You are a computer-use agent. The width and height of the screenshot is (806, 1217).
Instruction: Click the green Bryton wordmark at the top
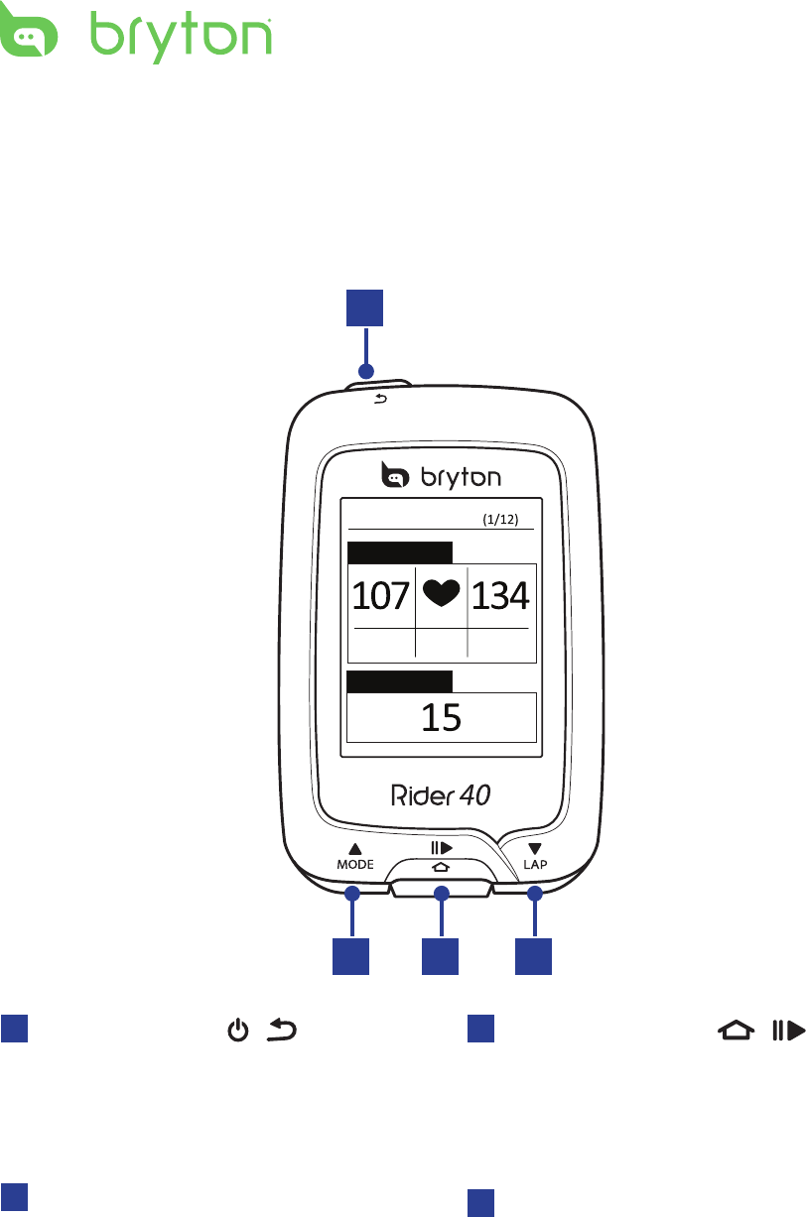point(182,37)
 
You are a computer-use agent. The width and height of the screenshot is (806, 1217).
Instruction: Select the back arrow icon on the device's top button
point(382,400)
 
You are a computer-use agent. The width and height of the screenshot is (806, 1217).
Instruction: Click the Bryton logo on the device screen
point(441,477)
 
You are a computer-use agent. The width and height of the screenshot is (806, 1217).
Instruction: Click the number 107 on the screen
point(381,596)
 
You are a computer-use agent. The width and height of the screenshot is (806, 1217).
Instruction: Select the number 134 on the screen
point(501,596)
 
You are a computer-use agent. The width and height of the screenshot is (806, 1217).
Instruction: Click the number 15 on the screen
point(441,717)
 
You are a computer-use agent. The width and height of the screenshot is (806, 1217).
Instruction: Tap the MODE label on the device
point(354,864)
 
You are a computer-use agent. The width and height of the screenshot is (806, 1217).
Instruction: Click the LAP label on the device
point(535,864)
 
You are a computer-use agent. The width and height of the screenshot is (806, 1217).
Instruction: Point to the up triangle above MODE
point(354,849)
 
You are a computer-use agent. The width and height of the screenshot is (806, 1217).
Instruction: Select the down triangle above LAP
point(535,849)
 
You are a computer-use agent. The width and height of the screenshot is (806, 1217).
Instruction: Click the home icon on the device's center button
point(441,866)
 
